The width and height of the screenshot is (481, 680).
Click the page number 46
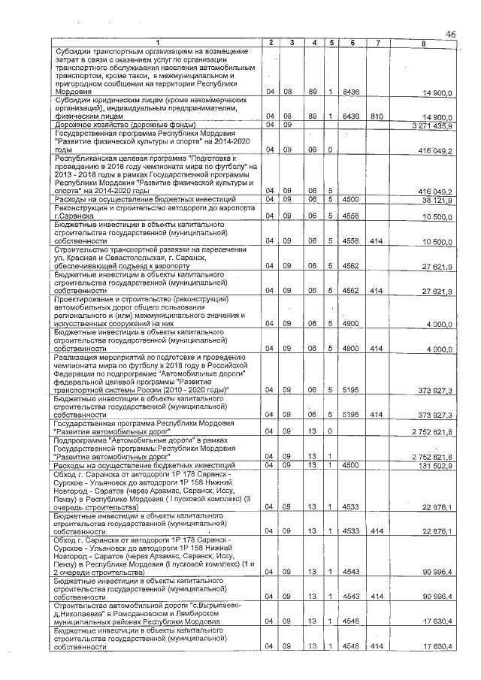451,34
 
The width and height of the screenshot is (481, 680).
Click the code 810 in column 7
377,117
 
